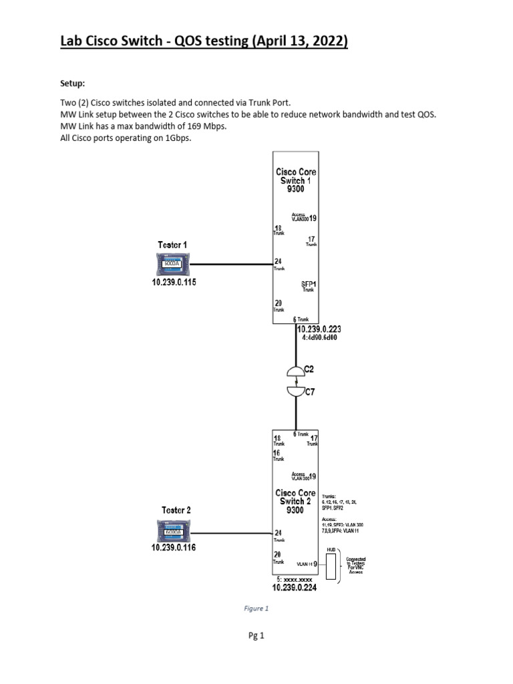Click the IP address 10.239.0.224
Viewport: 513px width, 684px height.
pyautogui.click(x=295, y=588)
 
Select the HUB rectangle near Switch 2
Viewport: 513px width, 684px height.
pyautogui.click(x=330, y=565)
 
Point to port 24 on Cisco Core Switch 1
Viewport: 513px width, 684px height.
pyautogui.click(x=278, y=261)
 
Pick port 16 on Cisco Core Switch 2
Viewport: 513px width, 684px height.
pyautogui.click(x=277, y=452)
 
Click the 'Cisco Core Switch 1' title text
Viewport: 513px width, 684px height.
pyautogui.click(x=296, y=180)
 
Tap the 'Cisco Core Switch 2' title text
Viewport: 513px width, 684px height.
pyautogui.click(x=295, y=502)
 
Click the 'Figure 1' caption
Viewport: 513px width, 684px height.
pyautogui.click(x=256, y=609)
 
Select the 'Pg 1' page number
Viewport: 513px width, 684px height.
pyautogui.click(x=256, y=637)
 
